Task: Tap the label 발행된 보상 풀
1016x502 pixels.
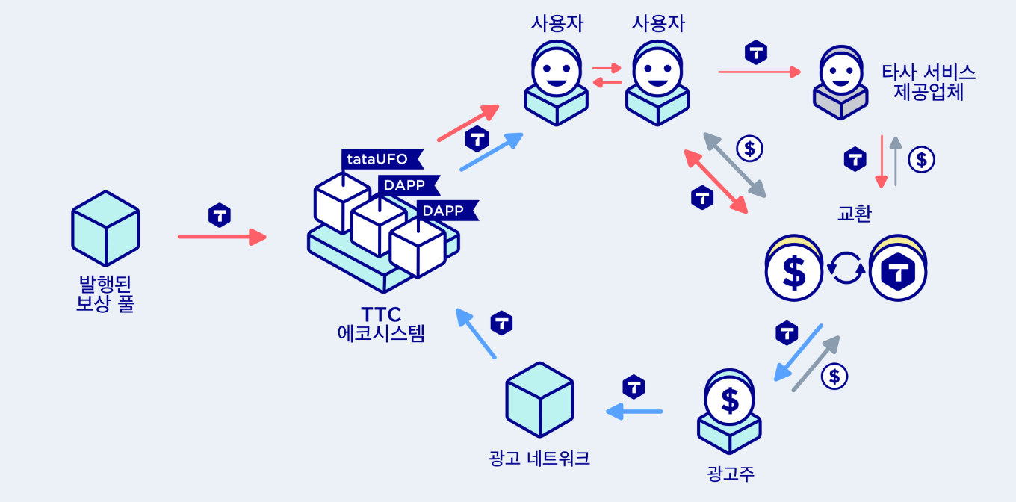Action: click(105, 294)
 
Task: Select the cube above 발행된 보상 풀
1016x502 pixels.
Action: click(105, 229)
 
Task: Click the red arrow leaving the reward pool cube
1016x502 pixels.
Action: click(222, 238)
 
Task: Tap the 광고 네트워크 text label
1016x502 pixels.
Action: click(539, 458)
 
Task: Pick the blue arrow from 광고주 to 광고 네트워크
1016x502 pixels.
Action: click(634, 411)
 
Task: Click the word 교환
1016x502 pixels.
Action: click(854, 213)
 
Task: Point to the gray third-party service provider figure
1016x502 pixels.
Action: click(841, 82)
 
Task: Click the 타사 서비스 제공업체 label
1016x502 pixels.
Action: click(929, 82)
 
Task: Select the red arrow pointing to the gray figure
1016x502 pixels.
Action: click(759, 72)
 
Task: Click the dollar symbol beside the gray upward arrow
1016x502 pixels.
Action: click(921, 159)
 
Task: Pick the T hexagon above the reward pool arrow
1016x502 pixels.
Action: click(219, 214)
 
